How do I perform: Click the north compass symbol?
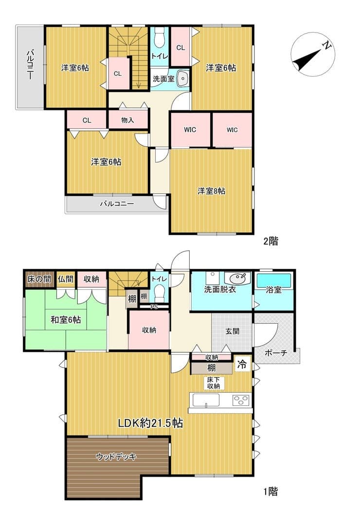[x=313, y=54]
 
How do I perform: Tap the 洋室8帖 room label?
[x=211, y=191]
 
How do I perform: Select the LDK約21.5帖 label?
[x=150, y=423]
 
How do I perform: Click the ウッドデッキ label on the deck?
[x=116, y=456]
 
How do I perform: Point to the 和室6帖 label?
[x=66, y=320]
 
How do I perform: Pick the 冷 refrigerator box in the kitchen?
[x=242, y=364]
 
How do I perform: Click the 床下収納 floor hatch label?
[x=214, y=383]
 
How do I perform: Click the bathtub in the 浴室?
[x=273, y=280]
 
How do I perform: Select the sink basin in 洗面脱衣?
[x=237, y=278]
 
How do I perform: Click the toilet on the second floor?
[x=160, y=38]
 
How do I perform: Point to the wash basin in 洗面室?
[x=182, y=78]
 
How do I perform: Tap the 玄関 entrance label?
[x=232, y=331]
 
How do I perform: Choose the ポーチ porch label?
[x=276, y=352]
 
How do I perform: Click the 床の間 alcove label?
[x=39, y=279]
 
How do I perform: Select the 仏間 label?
[x=66, y=279]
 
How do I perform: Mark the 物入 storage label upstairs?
[x=127, y=120]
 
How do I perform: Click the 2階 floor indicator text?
[x=270, y=241]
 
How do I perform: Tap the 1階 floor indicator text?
[x=270, y=491]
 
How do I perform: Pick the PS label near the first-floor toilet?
[x=154, y=307]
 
